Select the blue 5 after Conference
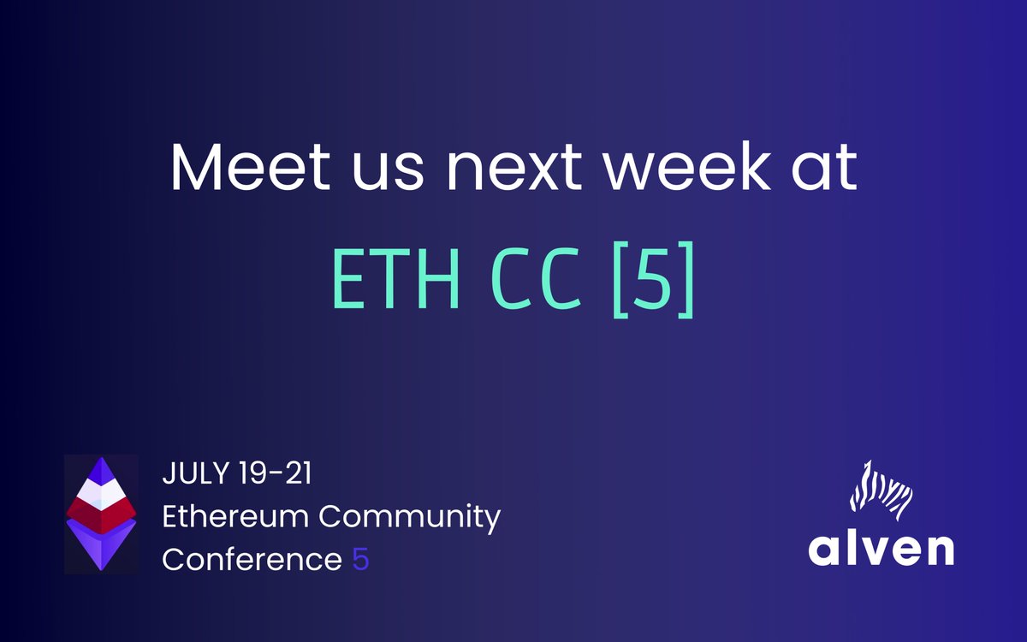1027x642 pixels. pyautogui.click(x=360, y=560)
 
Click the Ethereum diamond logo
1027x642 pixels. pyautogui.click(x=101, y=514)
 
